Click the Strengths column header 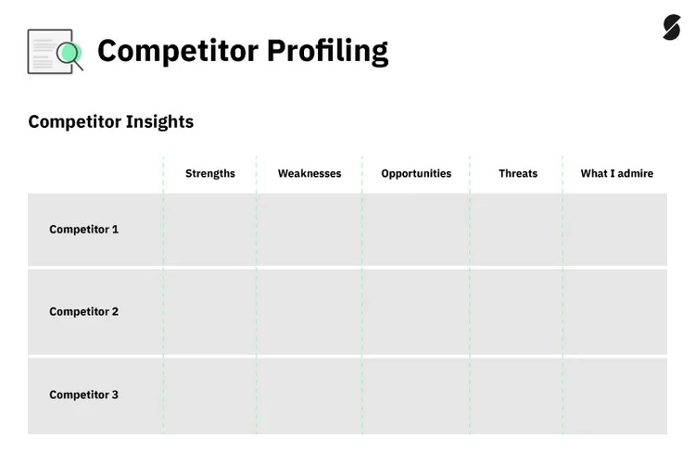[x=210, y=173]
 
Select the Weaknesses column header [x=310, y=173]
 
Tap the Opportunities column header [x=416, y=173]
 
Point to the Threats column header [x=518, y=173]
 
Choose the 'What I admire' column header [x=616, y=173]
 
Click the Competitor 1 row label [x=83, y=229]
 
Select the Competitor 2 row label [x=83, y=311]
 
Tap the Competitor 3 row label [x=83, y=395]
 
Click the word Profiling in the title [x=327, y=51]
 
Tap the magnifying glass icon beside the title [x=68, y=55]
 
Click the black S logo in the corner [x=671, y=28]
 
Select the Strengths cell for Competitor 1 [x=210, y=229]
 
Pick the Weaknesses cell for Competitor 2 [x=310, y=311]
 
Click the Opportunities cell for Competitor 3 [x=416, y=395]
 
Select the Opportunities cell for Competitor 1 [x=416, y=229]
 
